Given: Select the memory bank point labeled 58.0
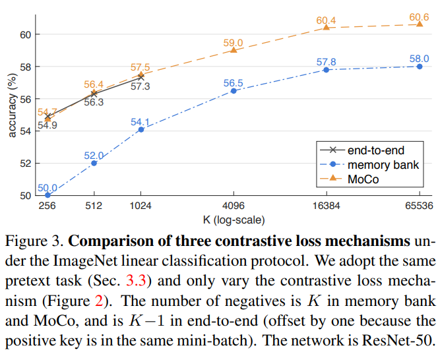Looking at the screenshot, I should pyautogui.click(x=420, y=66).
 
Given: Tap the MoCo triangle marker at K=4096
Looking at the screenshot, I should pyautogui.click(x=234, y=50).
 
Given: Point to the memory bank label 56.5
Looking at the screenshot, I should pyautogui.click(x=234, y=82).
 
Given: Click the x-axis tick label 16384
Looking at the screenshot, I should pyautogui.click(x=327, y=206).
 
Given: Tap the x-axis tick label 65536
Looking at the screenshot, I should pyautogui.click(x=420, y=206).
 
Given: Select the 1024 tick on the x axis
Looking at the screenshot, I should pyautogui.click(x=141, y=206).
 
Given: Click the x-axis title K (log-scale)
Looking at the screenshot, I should pyautogui.click(x=234, y=219).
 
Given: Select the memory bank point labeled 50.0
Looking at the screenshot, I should pyautogui.click(x=47, y=195).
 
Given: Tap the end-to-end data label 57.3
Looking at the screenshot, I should pyautogui.click(x=140, y=86).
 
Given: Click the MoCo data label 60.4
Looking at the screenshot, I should pyautogui.click(x=327, y=20).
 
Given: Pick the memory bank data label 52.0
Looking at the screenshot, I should pyautogui.click(x=93, y=156).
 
